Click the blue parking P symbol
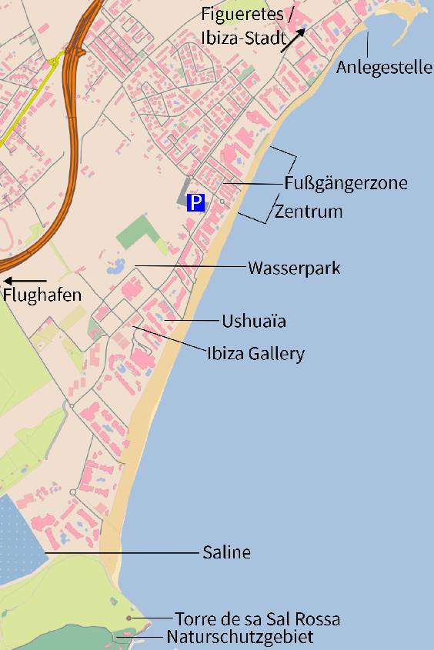pos(196,203)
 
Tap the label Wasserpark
pos(293,268)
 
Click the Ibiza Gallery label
pos(255,354)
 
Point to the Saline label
pos(226,552)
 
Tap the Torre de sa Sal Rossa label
pos(257,619)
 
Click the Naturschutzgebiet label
pos(239,637)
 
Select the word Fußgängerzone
pos(346,183)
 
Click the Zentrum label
pos(308,211)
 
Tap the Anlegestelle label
pos(384,67)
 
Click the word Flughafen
pos(42,295)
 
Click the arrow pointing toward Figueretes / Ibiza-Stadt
pos(293,39)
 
